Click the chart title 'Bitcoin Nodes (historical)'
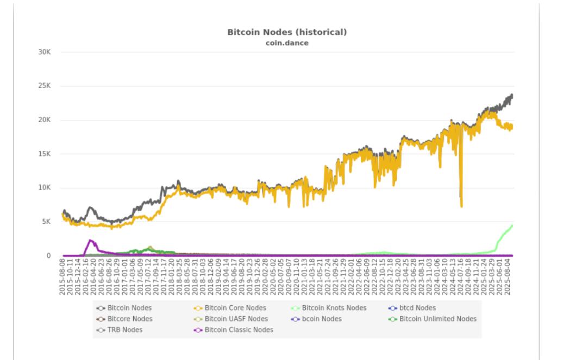[287, 33]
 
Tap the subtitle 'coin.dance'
[287, 43]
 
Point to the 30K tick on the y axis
[44, 52]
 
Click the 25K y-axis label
[44, 86]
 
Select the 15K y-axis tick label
[44, 154]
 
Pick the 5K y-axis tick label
[46, 222]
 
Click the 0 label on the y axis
[49, 256]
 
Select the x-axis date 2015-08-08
[63, 277]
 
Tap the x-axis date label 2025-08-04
[511, 277]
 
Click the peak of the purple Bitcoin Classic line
[90, 240]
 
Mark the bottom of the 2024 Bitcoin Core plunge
[461, 206]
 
